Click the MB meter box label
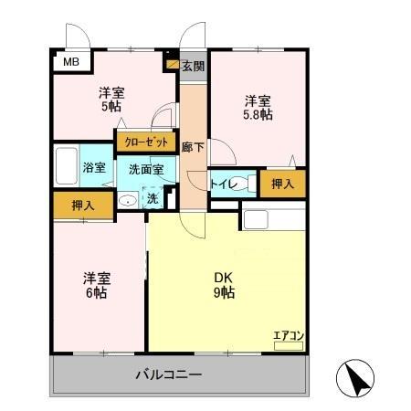coord(70,62)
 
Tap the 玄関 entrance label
coord(192,67)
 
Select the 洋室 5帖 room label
coord(111,99)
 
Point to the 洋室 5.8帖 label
coord(257,107)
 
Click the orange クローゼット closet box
coord(145,142)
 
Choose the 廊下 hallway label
coord(192,148)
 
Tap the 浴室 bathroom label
coord(94,168)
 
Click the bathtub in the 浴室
coord(66,167)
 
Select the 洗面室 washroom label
coord(146,169)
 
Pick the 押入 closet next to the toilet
coord(282,184)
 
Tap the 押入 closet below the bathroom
coord(82,205)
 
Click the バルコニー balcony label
coord(169,374)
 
